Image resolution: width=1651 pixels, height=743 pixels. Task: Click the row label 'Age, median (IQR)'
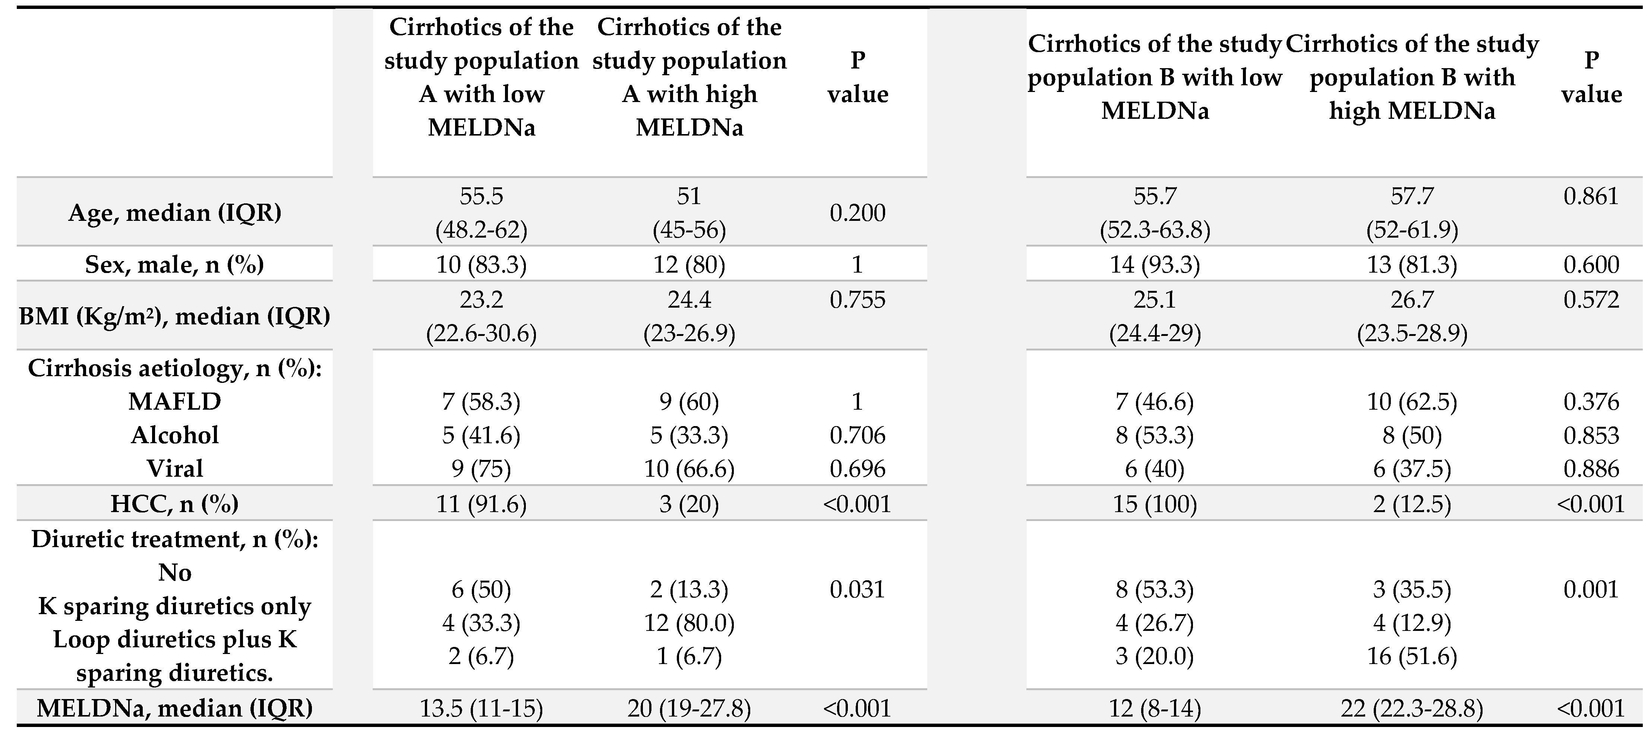[174, 213]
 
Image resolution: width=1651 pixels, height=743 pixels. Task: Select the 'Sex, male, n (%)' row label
[174, 264]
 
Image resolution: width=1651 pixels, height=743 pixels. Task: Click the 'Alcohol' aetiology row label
[174, 435]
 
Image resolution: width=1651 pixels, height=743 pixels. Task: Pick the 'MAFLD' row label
[174, 401]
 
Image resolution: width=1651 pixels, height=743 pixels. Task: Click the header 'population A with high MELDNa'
[689, 77]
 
